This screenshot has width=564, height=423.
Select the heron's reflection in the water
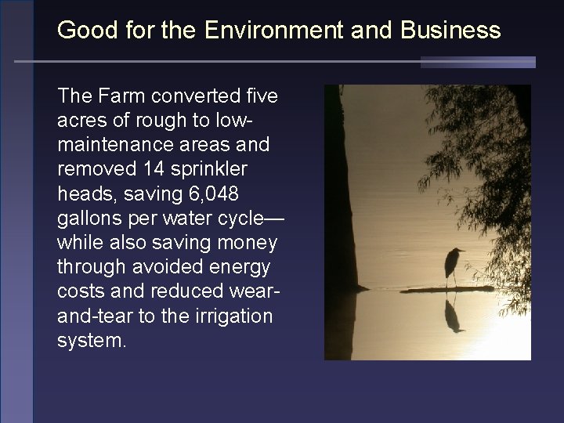[453, 313]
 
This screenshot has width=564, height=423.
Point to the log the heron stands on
[446, 289]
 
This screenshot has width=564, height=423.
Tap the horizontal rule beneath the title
[274, 61]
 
